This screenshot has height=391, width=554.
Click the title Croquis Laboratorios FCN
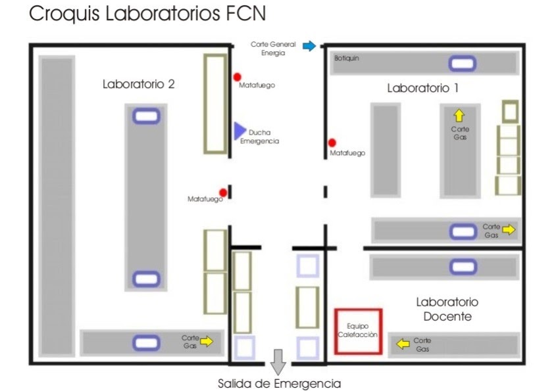click(x=148, y=14)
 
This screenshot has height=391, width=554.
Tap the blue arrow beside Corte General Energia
click(x=309, y=46)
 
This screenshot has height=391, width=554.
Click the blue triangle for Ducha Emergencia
click(x=239, y=131)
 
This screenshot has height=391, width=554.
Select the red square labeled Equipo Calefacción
click(x=358, y=331)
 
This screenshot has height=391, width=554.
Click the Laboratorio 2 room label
click(x=138, y=84)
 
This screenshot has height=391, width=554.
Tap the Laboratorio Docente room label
click(x=447, y=309)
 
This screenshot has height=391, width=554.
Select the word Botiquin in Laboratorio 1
click(x=347, y=58)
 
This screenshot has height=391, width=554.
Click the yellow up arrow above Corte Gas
click(x=459, y=116)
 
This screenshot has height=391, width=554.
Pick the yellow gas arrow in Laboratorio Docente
click(x=399, y=342)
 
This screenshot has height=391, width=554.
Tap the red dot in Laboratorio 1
click(x=332, y=143)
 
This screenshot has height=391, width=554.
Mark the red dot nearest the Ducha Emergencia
click(x=237, y=76)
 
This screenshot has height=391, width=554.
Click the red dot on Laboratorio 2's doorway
click(x=224, y=193)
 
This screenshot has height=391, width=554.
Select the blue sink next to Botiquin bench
click(x=462, y=64)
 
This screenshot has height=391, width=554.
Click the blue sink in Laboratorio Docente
click(x=463, y=267)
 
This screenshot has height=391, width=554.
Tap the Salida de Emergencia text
click(x=280, y=383)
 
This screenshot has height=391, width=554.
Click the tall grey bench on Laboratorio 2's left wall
click(x=57, y=205)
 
